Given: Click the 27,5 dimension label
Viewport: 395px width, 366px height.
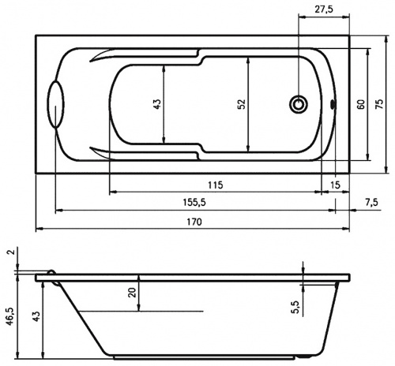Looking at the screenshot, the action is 324,9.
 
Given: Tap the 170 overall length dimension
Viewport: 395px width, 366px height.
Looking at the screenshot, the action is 194,222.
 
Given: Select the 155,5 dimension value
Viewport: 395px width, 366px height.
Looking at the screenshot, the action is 194,202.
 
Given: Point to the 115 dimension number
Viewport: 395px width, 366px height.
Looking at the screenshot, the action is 216,185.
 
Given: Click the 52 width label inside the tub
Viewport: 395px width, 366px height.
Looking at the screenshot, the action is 242,104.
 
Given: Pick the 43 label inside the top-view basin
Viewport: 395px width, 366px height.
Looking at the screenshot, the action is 157,104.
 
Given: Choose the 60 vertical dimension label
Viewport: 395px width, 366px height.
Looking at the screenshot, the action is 361,104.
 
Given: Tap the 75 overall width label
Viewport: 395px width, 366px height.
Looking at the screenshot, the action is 379,104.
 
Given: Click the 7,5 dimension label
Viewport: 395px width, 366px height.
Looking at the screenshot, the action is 372,202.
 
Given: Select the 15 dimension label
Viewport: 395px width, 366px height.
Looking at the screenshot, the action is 335,185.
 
